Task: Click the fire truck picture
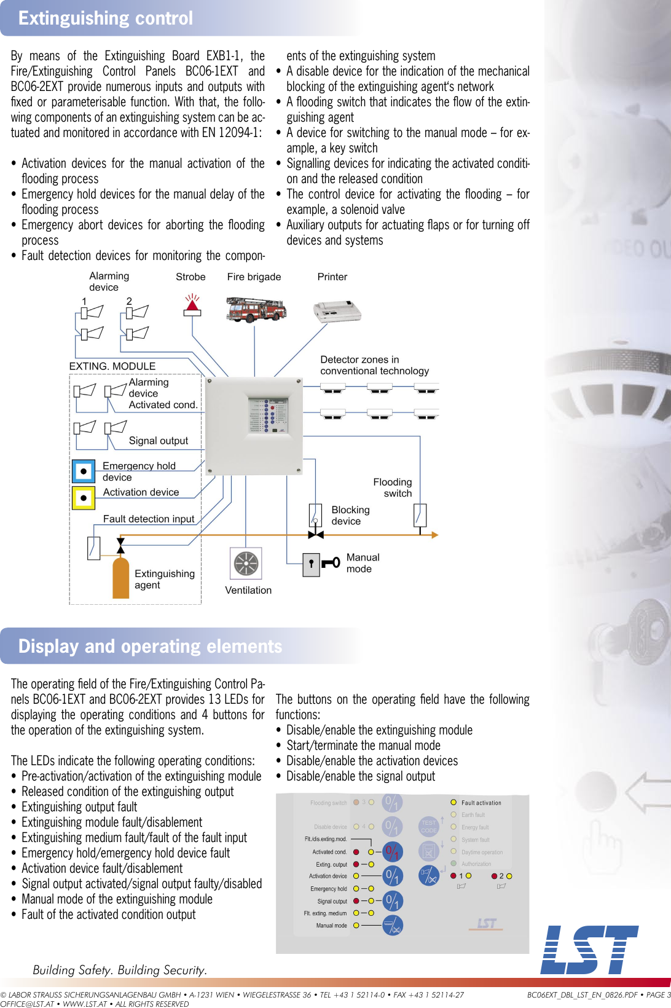click(x=256, y=309)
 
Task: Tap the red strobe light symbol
click(x=192, y=305)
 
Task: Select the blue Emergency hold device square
click(x=84, y=471)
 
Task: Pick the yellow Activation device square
click(x=84, y=498)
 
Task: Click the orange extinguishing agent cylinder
click(x=121, y=578)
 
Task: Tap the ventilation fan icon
click(x=246, y=563)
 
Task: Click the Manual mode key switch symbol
click(x=321, y=563)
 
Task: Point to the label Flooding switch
click(x=393, y=487)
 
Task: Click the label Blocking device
click(x=350, y=515)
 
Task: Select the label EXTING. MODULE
click(x=112, y=366)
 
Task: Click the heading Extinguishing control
click(x=106, y=18)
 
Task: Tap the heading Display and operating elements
click(x=150, y=646)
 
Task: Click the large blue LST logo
click(x=588, y=950)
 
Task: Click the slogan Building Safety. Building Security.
click(x=120, y=970)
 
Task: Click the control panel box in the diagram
click(x=254, y=426)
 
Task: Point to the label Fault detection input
click(x=148, y=519)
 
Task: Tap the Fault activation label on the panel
click(x=481, y=803)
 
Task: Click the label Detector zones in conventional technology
click(x=374, y=365)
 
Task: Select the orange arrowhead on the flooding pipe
click(x=434, y=535)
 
